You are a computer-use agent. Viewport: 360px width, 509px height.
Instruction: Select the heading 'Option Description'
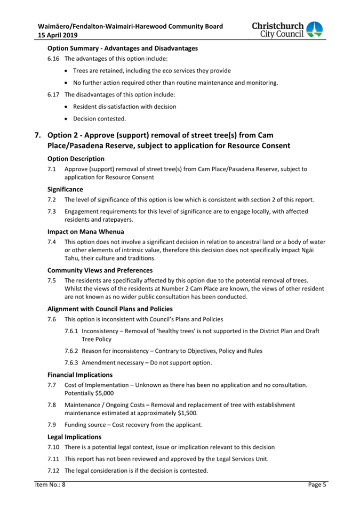click(76, 158)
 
